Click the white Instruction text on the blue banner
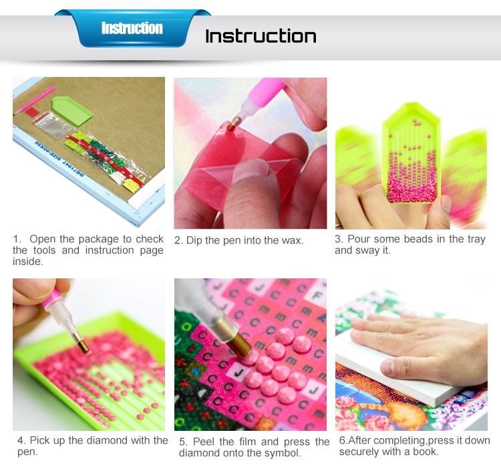(132, 28)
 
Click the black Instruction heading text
(261, 36)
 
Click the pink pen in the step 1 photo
(35, 100)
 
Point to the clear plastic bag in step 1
(53, 126)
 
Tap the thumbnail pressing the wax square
(253, 170)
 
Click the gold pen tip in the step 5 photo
(238, 343)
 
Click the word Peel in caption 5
(204, 442)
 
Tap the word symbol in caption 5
(285, 453)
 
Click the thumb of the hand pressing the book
(396, 366)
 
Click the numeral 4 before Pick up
(21, 441)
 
